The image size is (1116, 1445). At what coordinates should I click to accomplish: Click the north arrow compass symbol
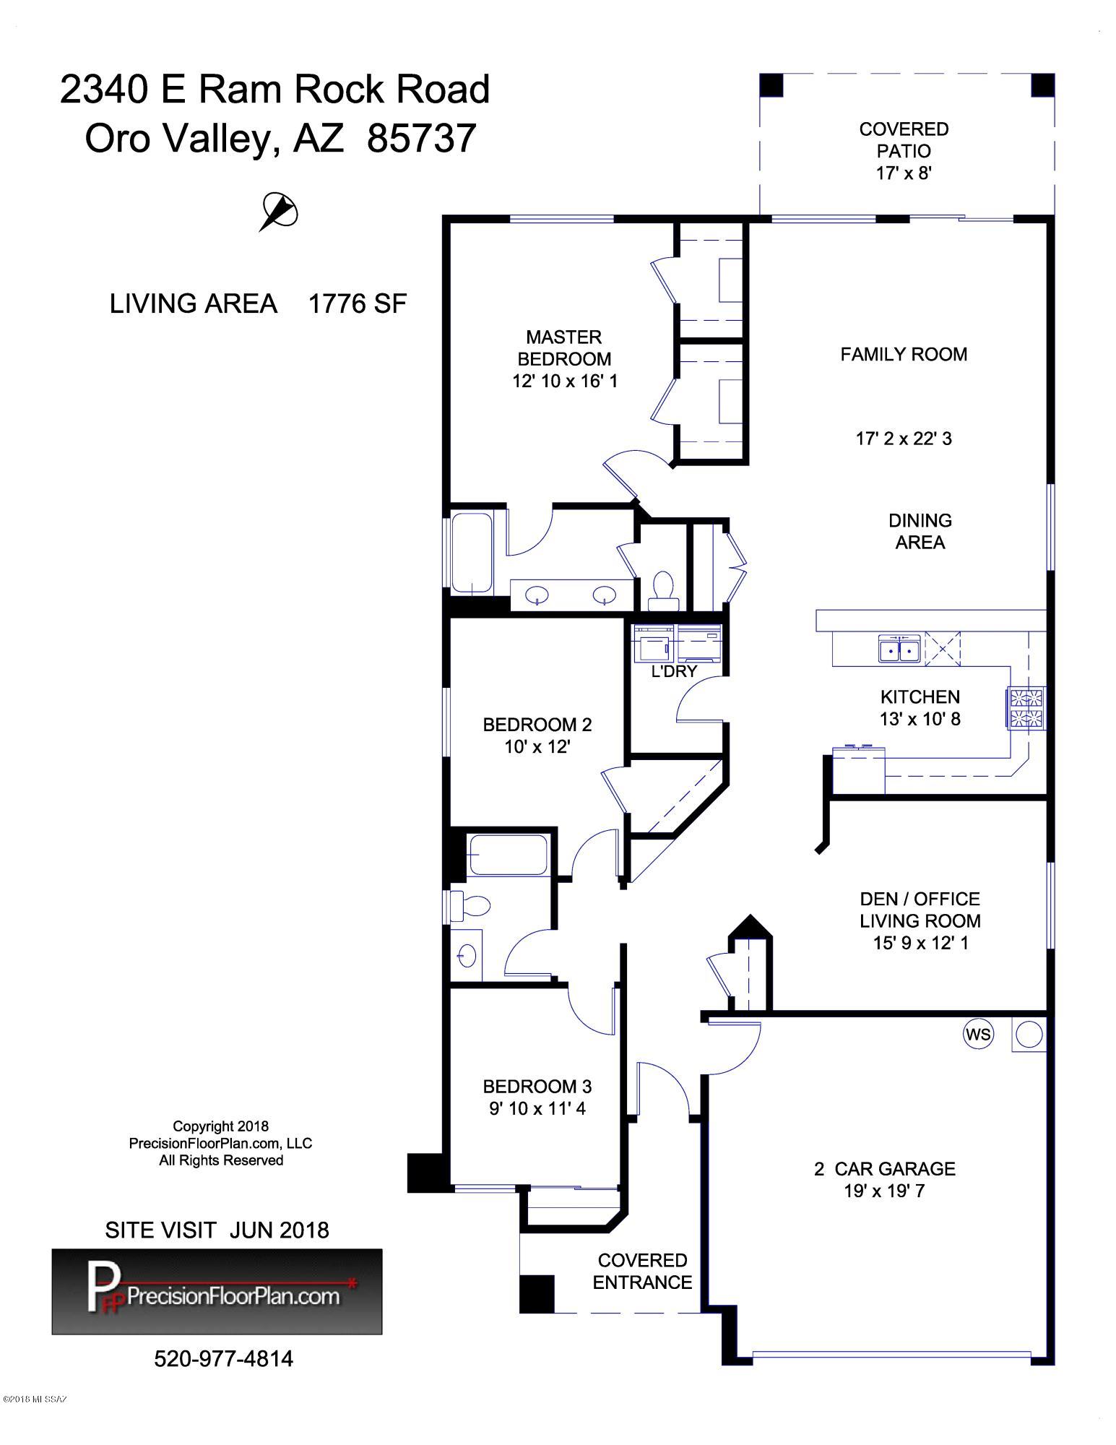(x=279, y=212)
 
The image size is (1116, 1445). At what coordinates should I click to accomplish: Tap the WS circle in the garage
(x=978, y=1034)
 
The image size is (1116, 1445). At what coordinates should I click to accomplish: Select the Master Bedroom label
(x=564, y=348)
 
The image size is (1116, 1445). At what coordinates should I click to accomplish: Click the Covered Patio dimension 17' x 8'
(x=904, y=173)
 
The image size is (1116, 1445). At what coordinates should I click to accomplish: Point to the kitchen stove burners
(x=1026, y=708)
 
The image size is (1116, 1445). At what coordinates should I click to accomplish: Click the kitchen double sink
(x=899, y=649)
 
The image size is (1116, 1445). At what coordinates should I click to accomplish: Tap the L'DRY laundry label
(x=674, y=671)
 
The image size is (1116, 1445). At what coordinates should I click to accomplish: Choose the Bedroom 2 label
(x=537, y=724)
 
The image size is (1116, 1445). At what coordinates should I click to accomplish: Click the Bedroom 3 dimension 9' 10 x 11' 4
(x=537, y=1108)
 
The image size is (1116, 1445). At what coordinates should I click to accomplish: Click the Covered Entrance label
(x=642, y=1271)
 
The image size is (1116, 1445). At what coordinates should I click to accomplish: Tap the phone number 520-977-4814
(x=224, y=1359)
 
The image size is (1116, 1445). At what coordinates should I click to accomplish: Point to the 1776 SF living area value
(x=358, y=303)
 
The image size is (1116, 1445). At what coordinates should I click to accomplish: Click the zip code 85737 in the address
(x=422, y=138)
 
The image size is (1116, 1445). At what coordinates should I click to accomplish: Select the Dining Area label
(x=920, y=531)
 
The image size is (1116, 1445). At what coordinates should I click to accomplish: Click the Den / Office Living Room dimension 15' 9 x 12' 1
(x=920, y=943)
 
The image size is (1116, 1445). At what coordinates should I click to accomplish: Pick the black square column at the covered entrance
(x=537, y=1294)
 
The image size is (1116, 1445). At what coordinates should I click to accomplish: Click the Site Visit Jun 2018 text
(x=217, y=1230)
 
